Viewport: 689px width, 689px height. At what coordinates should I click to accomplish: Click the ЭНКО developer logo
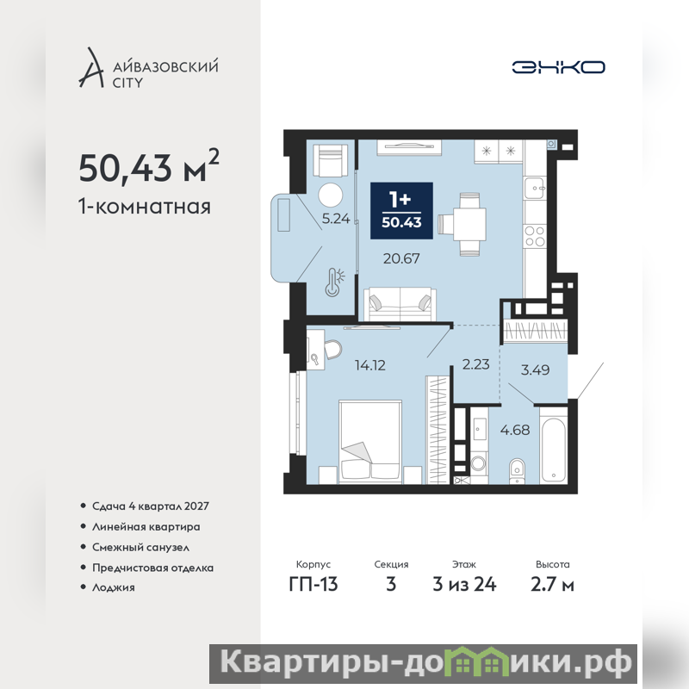tap(558, 67)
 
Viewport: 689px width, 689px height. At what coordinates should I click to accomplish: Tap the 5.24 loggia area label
tap(336, 219)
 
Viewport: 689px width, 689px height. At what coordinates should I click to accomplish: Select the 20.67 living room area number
tap(401, 258)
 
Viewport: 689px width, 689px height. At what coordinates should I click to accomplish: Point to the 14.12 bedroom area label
tap(370, 365)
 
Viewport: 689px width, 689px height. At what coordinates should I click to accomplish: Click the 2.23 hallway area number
tap(476, 364)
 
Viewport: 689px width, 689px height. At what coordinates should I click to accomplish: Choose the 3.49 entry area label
tap(535, 370)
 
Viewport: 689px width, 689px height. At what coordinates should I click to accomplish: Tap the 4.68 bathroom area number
tap(515, 430)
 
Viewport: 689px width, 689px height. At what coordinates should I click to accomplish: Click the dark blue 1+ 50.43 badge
tap(401, 211)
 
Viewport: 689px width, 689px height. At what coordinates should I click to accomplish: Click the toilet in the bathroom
tap(518, 472)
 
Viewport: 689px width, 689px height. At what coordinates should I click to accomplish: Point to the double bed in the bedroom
tap(370, 442)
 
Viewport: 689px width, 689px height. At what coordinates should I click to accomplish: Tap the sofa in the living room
tap(400, 305)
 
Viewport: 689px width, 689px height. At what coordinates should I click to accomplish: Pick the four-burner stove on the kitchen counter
tap(535, 236)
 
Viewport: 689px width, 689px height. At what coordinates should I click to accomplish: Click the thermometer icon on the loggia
tap(334, 282)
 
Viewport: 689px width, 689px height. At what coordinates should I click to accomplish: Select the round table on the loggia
tap(331, 196)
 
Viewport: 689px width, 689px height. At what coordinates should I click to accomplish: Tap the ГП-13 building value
tap(313, 585)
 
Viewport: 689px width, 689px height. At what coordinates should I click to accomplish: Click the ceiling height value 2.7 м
tap(552, 585)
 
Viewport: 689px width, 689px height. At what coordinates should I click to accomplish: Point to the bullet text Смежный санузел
tap(140, 548)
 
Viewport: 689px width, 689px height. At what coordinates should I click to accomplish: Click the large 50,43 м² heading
tap(149, 166)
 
